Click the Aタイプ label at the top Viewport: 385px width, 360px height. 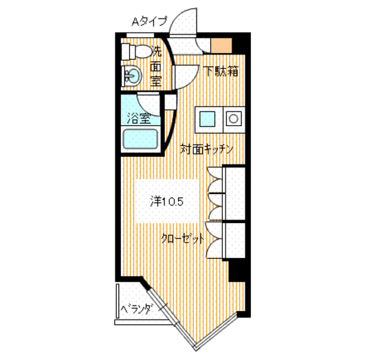coord(149,21)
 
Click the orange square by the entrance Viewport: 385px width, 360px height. coord(221,47)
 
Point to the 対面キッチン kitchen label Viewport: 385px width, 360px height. coord(207,149)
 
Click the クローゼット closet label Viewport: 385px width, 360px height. coord(182,239)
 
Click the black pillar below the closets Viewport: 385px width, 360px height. coord(237,271)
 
